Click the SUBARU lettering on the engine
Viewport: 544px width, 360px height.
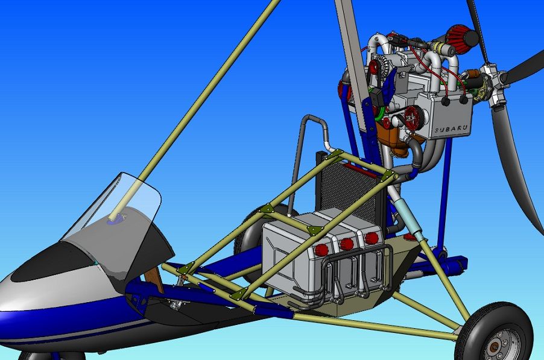451,128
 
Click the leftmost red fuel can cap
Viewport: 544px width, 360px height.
321,249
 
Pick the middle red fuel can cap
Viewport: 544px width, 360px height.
347,244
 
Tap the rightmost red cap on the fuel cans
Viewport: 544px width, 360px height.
372,238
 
